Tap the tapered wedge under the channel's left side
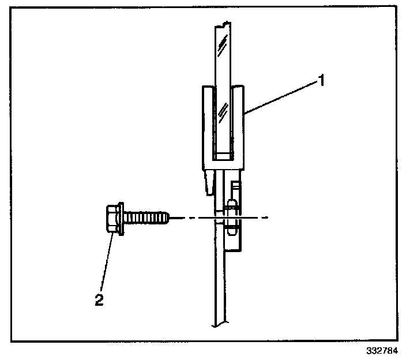tap(208, 182)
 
